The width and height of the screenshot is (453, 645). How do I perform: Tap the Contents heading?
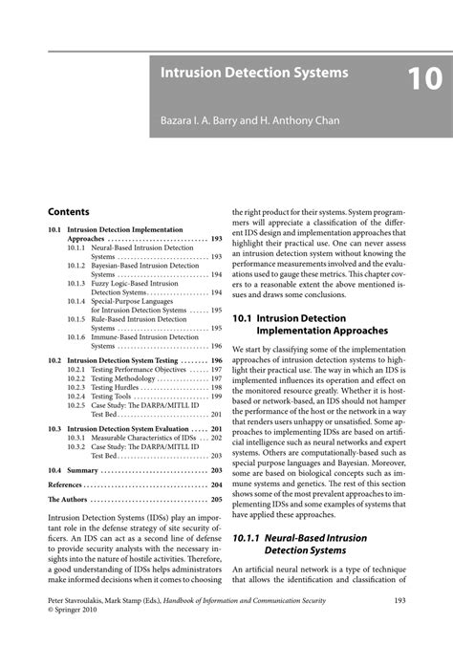tap(69, 211)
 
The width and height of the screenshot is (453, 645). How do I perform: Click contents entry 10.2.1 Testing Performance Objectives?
tap(133, 369)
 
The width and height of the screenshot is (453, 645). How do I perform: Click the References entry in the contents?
tap(67, 484)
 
